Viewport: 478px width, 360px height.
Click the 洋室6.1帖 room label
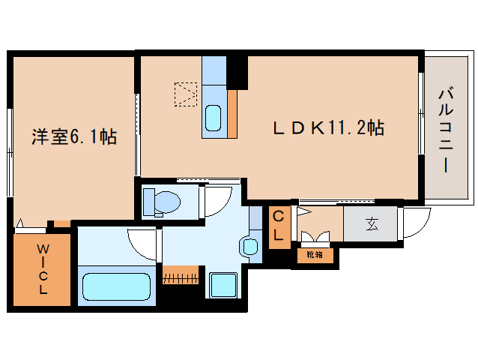click(73, 137)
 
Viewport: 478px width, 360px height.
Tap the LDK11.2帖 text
click(328, 128)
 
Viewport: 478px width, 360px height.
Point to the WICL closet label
click(43, 269)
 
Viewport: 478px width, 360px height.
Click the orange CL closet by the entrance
click(278, 226)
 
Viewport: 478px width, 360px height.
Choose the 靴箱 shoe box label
click(315, 255)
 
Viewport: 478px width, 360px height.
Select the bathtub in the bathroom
click(115, 287)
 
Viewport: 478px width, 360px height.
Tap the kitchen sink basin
click(213, 118)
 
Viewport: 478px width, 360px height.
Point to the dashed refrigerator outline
click(185, 94)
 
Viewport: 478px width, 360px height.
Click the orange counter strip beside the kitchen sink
click(232, 113)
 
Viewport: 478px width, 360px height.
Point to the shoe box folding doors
click(315, 238)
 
